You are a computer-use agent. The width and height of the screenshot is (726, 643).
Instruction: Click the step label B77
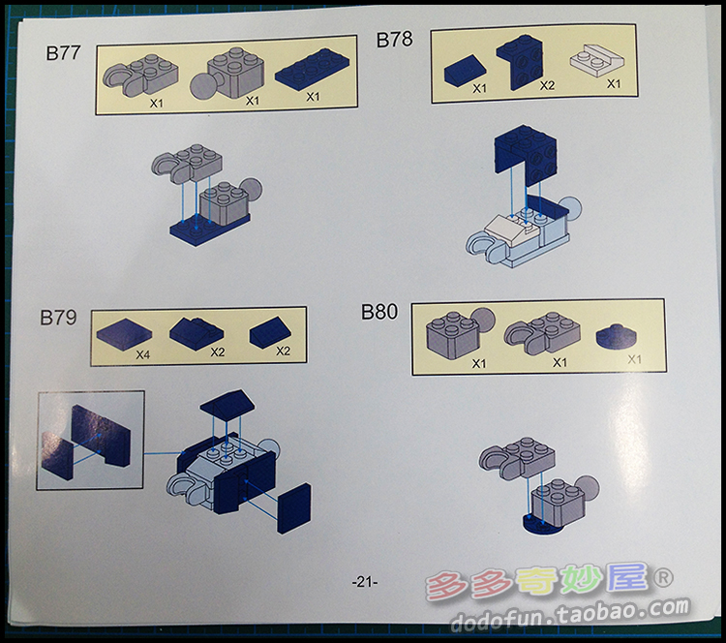point(64,53)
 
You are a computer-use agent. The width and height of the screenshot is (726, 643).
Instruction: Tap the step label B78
point(394,40)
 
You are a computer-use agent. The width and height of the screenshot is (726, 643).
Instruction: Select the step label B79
point(58,318)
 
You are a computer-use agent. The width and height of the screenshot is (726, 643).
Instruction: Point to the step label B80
point(379,312)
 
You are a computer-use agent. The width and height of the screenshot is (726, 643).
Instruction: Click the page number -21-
point(364,582)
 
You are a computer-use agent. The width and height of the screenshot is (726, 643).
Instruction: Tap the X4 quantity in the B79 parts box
point(142,354)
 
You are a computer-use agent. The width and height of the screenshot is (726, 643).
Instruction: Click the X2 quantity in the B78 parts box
point(547,85)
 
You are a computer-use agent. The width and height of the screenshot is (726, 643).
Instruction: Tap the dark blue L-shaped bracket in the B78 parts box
point(520,62)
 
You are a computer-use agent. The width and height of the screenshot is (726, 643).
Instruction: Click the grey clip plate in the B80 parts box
point(543,332)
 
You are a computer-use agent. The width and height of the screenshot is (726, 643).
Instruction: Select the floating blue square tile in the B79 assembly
point(294,508)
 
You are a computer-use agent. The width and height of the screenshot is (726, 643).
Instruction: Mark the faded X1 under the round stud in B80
point(634,359)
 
